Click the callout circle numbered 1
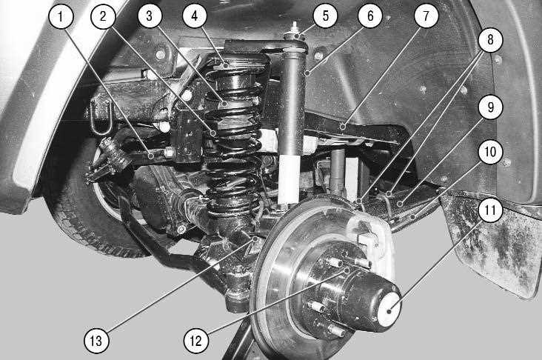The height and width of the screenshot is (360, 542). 61,16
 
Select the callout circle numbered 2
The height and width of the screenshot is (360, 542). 103,16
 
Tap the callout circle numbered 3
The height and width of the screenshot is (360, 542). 150,16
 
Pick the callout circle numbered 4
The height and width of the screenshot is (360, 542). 195,16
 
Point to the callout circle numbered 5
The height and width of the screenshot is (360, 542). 325,16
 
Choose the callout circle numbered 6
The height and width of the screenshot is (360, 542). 370,16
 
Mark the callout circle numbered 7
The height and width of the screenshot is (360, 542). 426,16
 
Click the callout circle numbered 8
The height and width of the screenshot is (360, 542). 490,40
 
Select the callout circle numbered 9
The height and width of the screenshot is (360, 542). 490,107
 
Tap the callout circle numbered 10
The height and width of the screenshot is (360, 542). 490,152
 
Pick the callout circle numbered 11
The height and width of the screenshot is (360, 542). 490,210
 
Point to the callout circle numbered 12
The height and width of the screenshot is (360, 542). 196,341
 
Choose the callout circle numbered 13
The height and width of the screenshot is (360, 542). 96,341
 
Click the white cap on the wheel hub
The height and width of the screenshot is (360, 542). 389,310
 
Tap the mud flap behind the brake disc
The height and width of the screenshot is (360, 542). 491,242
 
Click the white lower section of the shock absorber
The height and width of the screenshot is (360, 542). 289,179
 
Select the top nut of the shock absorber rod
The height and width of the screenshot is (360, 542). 294,36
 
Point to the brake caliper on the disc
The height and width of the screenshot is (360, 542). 370,239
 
